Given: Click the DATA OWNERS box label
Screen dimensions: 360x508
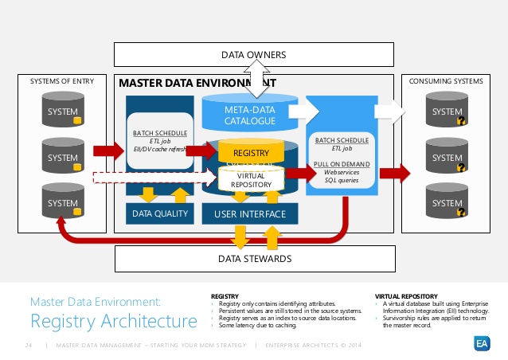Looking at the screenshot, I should (x=253, y=54).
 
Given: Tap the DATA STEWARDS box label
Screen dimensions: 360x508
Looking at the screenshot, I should (x=254, y=258).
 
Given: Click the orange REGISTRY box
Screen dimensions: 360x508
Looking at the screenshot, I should (x=250, y=151).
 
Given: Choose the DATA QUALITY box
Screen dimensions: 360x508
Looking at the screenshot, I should (x=159, y=213).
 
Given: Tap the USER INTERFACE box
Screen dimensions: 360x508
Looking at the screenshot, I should (x=249, y=213).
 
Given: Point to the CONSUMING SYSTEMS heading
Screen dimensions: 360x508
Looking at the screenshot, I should (x=445, y=81).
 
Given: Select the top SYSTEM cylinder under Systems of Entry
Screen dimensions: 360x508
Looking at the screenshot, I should (x=62, y=112).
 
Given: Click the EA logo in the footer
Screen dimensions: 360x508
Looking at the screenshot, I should (x=483, y=343).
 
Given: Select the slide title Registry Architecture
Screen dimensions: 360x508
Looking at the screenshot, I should (x=114, y=321).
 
